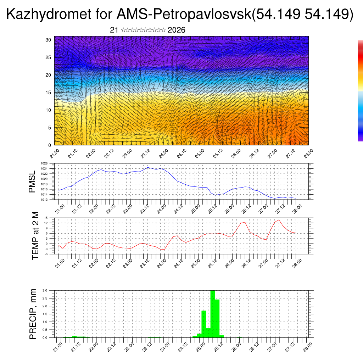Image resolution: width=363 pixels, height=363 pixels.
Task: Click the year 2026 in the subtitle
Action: tap(176, 30)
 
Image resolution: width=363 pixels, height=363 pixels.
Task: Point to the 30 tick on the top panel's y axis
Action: tap(49, 40)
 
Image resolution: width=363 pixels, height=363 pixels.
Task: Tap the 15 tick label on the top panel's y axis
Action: tap(49, 93)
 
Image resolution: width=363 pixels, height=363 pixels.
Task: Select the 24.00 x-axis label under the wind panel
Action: tap(163, 153)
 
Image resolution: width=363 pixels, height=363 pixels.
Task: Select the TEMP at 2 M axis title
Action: tap(35, 236)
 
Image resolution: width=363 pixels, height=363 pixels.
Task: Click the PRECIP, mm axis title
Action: tap(33, 314)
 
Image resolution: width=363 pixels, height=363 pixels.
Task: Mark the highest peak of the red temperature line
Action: tap(279, 220)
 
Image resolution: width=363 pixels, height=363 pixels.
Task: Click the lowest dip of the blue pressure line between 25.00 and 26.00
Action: tap(216, 195)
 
